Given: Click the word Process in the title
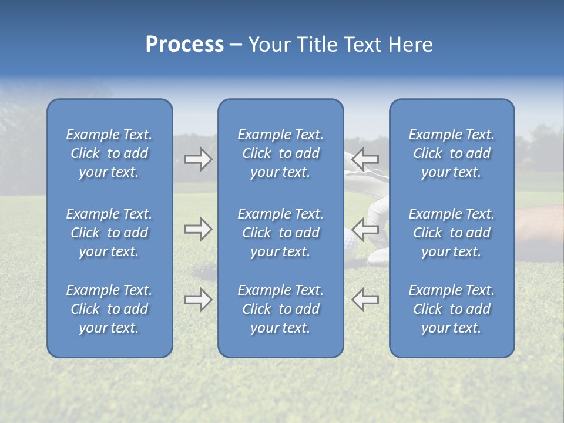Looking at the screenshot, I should pyautogui.click(x=184, y=45).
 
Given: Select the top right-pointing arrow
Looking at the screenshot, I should pyautogui.click(x=198, y=159).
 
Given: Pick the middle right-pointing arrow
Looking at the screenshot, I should pyautogui.click(x=198, y=229).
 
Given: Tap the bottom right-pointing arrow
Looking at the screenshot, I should pyautogui.click(x=198, y=300).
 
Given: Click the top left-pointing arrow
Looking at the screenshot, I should pyautogui.click(x=365, y=159).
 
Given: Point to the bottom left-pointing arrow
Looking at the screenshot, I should pyautogui.click(x=365, y=299).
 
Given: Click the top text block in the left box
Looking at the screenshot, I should pyautogui.click(x=109, y=153).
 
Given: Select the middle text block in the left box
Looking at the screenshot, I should pyautogui.click(x=109, y=233).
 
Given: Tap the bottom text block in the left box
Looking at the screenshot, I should pyautogui.click(x=109, y=309).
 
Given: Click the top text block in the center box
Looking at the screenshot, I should pyautogui.click(x=281, y=153).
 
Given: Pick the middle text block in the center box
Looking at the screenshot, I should pyautogui.click(x=281, y=233).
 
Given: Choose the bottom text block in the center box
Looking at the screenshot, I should pyautogui.click(x=281, y=309).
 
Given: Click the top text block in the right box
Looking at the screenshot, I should pyautogui.click(x=452, y=153).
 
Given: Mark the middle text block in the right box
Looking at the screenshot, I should pyautogui.click(x=452, y=233).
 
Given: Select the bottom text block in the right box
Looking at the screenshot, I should pyautogui.click(x=452, y=309).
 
